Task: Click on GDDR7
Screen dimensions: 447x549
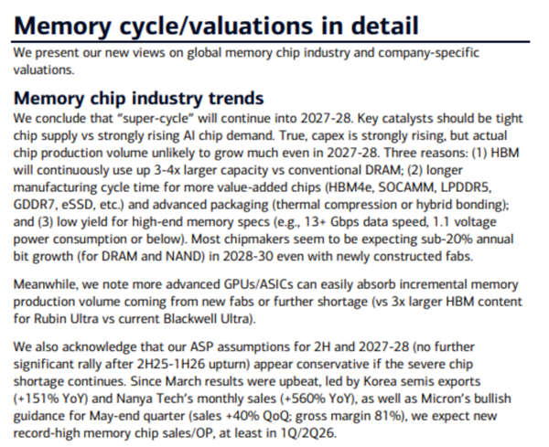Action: [x=35, y=185]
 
